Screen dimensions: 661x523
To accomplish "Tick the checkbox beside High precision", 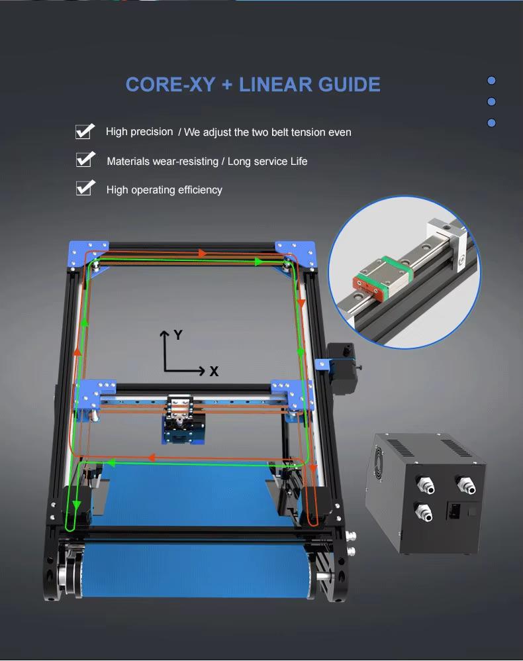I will click(84, 131).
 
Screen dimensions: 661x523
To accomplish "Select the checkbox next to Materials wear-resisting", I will click(84, 160).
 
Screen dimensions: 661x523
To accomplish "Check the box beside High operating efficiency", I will click(84, 188).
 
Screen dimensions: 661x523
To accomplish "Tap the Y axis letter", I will click(177, 335).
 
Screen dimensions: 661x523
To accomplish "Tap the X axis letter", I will click(214, 372).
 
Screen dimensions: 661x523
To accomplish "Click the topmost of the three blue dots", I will click(491, 81).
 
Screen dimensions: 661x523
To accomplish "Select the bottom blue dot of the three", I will click(491, 123).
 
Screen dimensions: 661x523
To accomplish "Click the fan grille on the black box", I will click(384, 458).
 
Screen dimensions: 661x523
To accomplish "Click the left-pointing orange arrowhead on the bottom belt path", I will click(152, 457).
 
